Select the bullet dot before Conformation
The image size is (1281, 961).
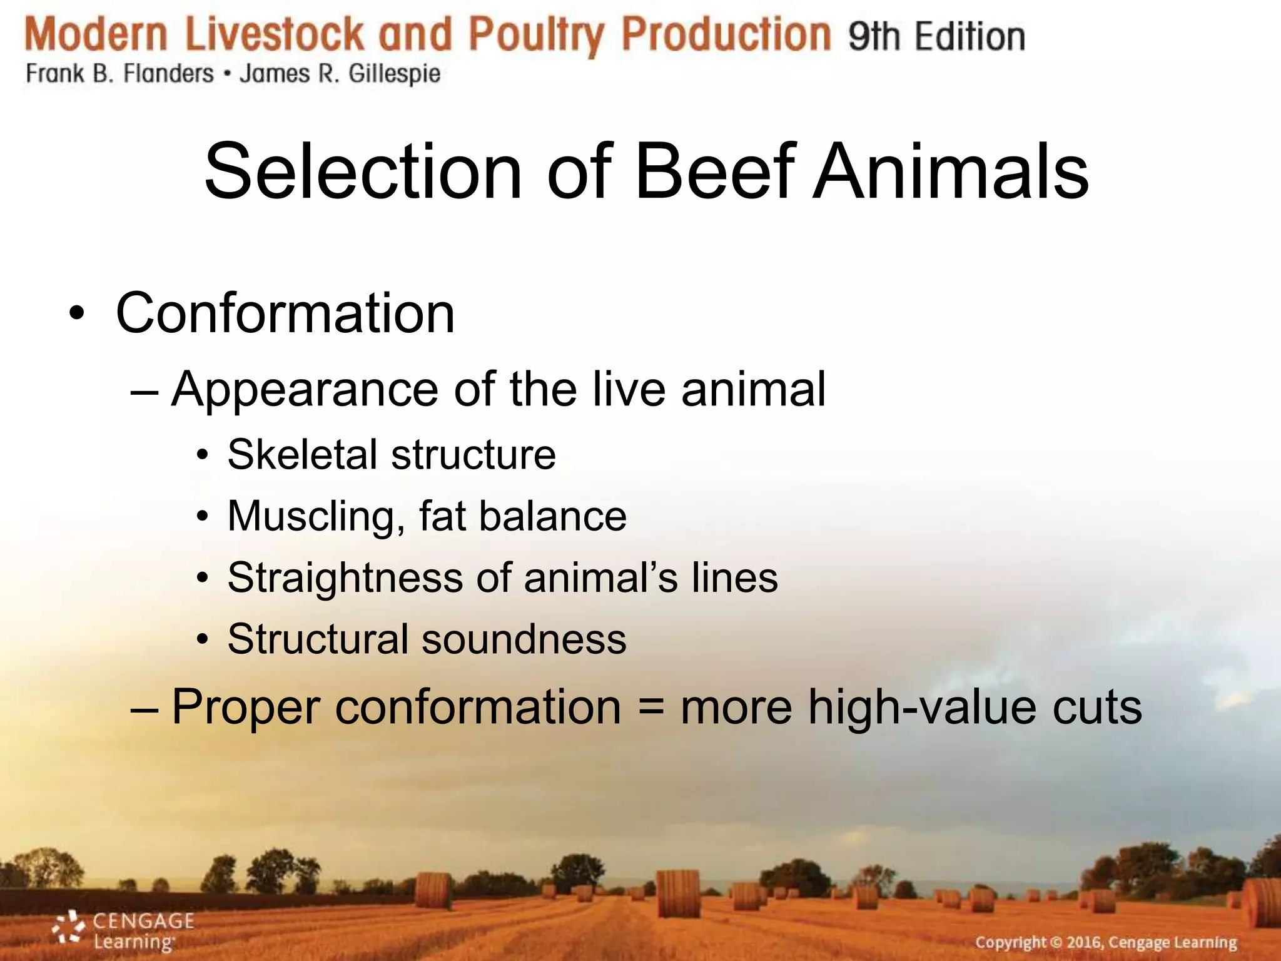(x=76, y=313)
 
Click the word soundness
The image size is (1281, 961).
(x=524, y=639)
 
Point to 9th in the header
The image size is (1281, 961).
(x=873, y=36)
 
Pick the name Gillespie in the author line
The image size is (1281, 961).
(x=394, y=74)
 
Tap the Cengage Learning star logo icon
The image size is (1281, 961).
(x=69, y=927)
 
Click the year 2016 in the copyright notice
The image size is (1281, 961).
(x=1085, y=942)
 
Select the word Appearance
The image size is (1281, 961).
(x=305, y=389)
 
